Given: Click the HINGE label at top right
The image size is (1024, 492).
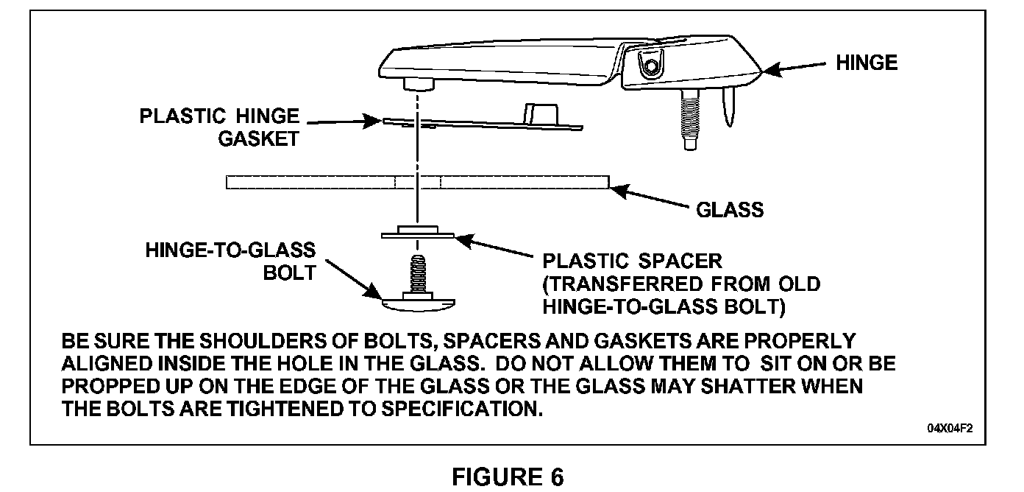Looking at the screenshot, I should pyautogui.click(x=867, y=63).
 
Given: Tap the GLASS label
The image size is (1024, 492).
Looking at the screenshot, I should pyautogui.click(x=729, y=210).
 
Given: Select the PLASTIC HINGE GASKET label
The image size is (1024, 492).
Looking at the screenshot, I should pyautogui.click(x=219, y=127).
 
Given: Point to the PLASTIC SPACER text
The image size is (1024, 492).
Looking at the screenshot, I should pyautogui.click(x=632, y=261).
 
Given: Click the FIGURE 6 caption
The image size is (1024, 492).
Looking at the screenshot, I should pyautogui.click(x=508, y=477).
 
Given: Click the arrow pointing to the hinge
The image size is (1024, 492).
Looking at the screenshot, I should pyautogui.click(x=794, y=68).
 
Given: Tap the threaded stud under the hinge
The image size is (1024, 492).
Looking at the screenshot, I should pyautogui.click(x=690, y=118).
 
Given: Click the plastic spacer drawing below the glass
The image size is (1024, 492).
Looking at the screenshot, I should pyautogui.click(x=418, y=233).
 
